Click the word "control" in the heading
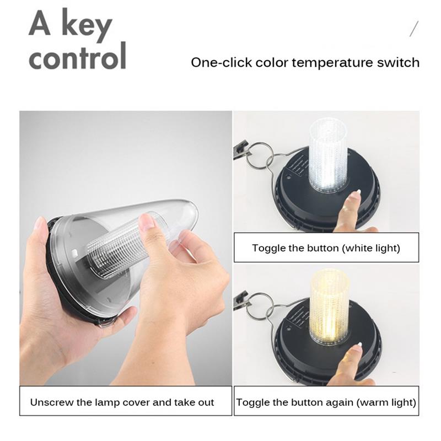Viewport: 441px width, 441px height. coord(77,56)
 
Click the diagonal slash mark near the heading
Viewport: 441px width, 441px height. coord(414,29)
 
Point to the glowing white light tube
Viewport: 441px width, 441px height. coord(328,157)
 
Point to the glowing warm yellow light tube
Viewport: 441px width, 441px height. coord(329,306)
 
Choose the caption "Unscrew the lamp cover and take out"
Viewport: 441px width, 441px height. coord(122,402)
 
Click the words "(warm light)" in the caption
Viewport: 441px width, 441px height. coord(386,402)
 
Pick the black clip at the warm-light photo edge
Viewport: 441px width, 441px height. coord(240,302)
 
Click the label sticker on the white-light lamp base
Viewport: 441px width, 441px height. coord(299,168)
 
